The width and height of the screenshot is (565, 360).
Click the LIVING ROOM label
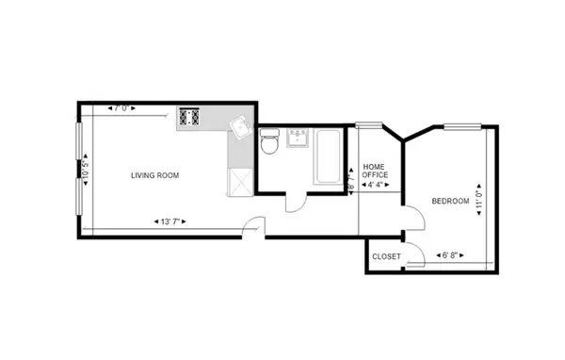click(154, 175)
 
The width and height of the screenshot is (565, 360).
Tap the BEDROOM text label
click(450, 201)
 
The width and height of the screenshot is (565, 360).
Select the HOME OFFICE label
click(375, 170)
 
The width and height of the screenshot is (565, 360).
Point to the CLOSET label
click(386, 256)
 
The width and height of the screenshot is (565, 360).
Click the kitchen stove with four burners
click(191, 117)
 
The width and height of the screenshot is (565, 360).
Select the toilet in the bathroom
click(269, 142)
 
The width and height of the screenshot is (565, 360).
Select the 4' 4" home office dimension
click(373, 185)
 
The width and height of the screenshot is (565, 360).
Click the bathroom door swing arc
click(294, 201)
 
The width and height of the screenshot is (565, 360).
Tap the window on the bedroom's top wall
click(463, 124)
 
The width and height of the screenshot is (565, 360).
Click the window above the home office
click(368, 124)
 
